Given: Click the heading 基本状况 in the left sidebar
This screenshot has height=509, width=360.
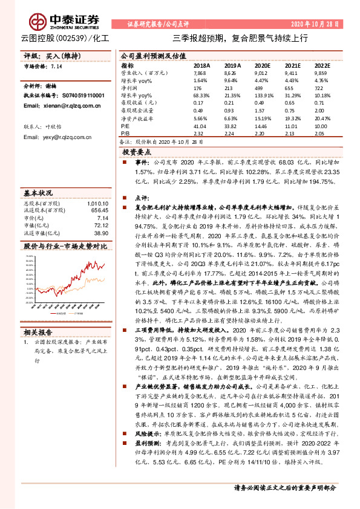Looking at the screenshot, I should click(x=38, y=192).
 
